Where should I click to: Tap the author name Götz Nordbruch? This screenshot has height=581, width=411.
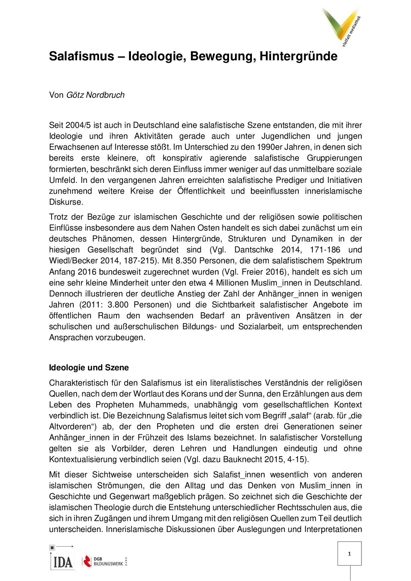coord(95,95)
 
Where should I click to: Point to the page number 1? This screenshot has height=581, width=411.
coord(350,554)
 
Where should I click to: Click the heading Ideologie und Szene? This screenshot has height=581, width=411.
coord(89,368)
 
